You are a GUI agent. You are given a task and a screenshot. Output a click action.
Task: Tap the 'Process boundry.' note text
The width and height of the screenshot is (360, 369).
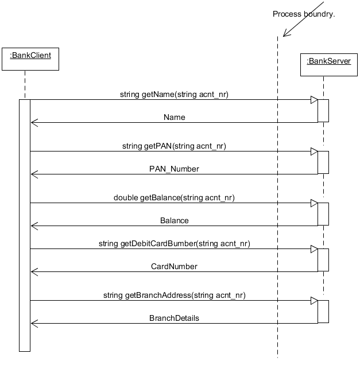303,14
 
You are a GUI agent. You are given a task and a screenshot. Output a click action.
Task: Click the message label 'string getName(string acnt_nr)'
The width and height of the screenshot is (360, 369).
174,94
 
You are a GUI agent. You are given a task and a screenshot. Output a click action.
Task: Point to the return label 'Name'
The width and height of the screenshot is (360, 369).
174,117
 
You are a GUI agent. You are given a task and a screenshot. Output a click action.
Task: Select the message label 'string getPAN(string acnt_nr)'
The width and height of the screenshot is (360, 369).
174,146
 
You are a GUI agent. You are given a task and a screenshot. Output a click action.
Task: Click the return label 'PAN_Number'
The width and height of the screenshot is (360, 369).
174,169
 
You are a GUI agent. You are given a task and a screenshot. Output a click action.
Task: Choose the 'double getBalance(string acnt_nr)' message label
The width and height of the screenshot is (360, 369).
174,197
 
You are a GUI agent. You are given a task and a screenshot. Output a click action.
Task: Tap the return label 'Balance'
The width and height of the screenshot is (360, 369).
174,220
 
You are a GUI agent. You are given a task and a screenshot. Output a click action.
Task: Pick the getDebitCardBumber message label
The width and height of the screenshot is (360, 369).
174,243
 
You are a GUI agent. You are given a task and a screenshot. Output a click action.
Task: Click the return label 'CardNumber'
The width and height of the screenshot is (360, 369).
174,266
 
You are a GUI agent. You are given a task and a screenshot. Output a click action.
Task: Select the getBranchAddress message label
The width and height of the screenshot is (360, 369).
174,295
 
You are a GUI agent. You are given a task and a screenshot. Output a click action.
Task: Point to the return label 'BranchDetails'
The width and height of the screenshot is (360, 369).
174,318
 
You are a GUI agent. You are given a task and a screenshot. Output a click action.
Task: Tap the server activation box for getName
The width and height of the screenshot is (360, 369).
323,111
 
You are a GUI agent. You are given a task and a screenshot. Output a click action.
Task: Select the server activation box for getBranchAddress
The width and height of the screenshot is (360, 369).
323,311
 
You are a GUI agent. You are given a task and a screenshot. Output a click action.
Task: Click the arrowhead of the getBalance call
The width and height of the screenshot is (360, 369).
314,203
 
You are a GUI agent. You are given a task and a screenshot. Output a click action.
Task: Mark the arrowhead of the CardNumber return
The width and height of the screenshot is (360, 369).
34,271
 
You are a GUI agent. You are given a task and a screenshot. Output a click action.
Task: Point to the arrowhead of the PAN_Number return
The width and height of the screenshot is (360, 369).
34,174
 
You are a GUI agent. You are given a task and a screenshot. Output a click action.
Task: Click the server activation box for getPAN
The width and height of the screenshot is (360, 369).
323,162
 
